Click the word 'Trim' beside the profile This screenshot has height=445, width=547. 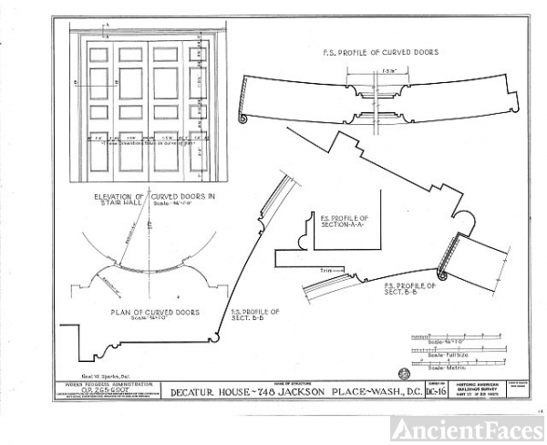[325, 271]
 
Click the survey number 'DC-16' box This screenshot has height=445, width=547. [440, 392]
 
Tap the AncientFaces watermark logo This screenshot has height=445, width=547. [467, 428]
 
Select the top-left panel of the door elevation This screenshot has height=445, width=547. [98, 54]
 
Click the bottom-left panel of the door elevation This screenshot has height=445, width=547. [98, 159]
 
